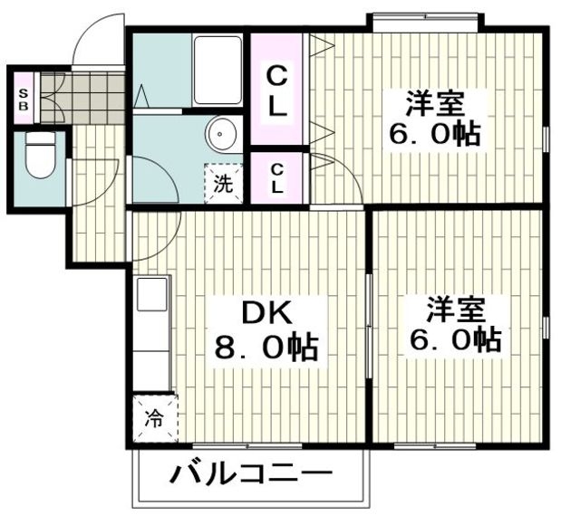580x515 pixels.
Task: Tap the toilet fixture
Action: tap(38, 157)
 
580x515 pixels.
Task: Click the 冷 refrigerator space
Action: tap(155, 419)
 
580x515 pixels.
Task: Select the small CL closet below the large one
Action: tap(277, 178)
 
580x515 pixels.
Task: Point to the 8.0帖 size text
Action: tap(266, 347)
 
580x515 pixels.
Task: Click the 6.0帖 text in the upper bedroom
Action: tap(434, 135)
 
